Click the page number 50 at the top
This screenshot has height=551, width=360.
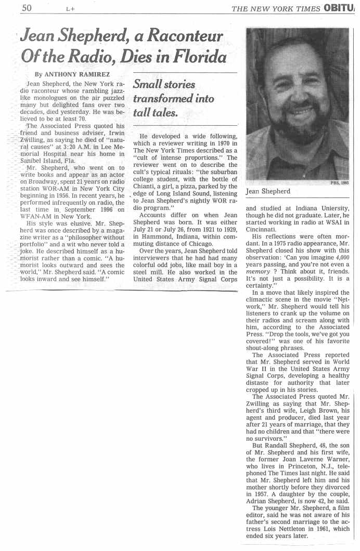[x=27, y=8]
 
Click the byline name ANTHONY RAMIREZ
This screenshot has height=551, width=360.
[x=76, y=74]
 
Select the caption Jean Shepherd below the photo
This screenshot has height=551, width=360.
[x=268, y=191]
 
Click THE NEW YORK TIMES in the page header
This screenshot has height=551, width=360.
[x=275, y=8]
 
